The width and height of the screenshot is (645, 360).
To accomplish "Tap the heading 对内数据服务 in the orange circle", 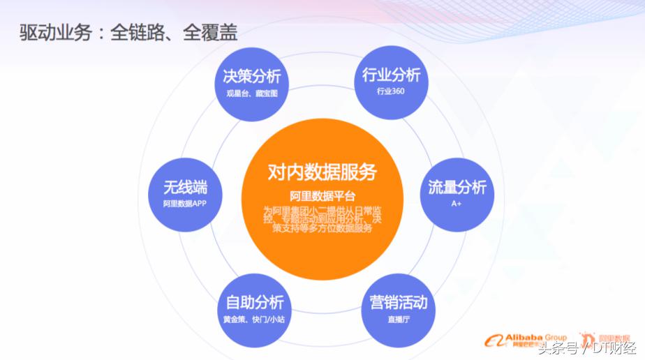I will coord(322,172).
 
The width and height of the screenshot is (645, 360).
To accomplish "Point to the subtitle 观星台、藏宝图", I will coord(252,93).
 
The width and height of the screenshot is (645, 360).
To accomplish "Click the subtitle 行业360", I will coord(391,91).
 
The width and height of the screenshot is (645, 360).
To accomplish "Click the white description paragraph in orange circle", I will coord(322,219).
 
